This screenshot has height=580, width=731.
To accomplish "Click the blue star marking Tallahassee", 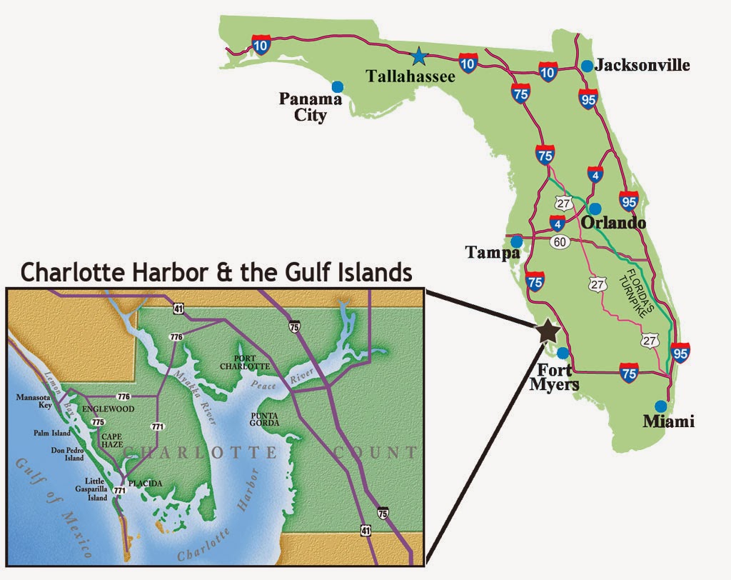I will tap(419, 54).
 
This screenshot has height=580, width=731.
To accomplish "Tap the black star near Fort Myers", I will tap(548, 330).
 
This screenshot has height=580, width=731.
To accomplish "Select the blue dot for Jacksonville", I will tap(587, 66).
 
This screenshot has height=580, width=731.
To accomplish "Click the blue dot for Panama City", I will tap(338, 86).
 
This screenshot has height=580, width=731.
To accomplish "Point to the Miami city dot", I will tap(661, 406).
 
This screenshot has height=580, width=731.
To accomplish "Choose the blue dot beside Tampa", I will tap(516, 241).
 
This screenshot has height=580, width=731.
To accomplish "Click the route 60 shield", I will tap(560, 242).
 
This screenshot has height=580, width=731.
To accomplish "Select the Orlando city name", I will tap(613, 223).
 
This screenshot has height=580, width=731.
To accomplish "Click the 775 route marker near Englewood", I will tap(98, 423).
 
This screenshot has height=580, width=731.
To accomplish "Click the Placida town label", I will tap(145, 484).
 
